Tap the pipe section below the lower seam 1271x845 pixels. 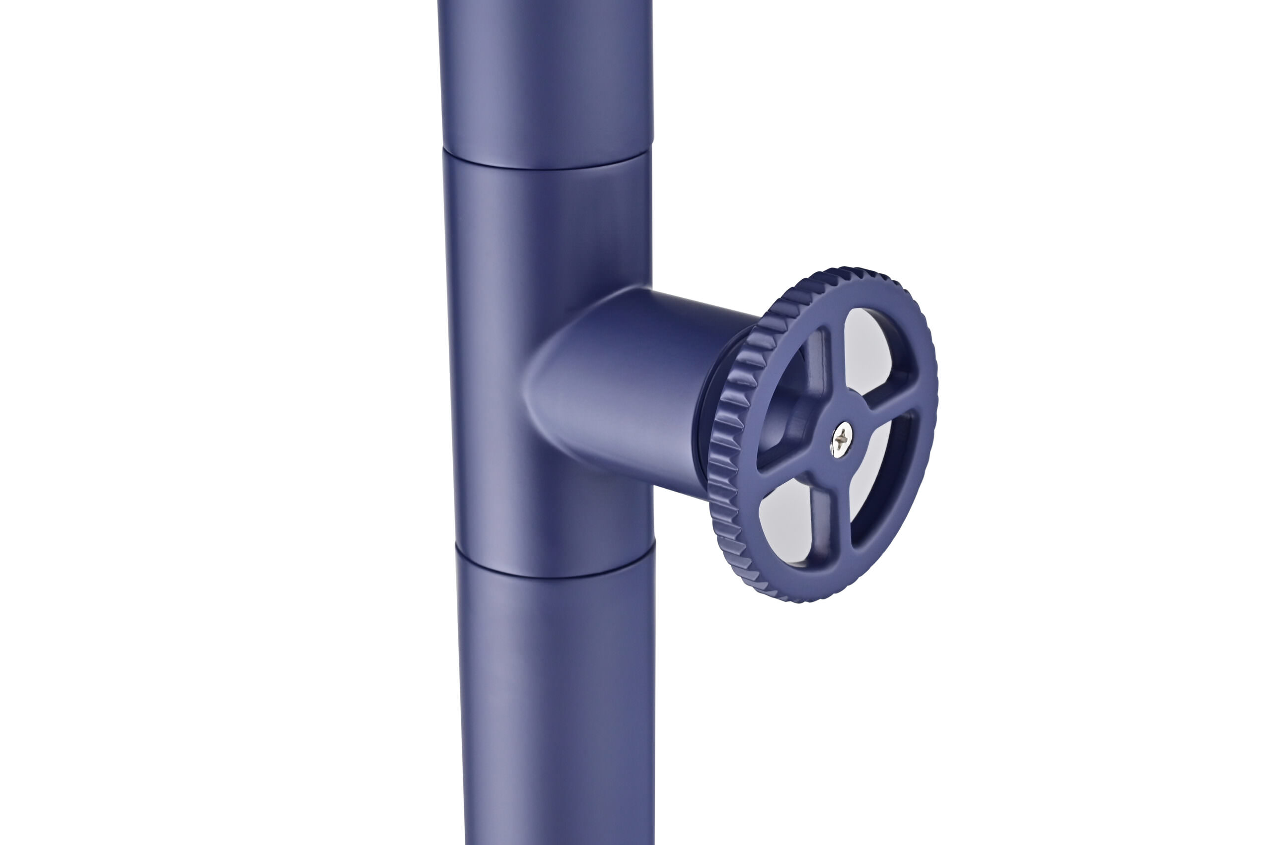click(x=556, y=701)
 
